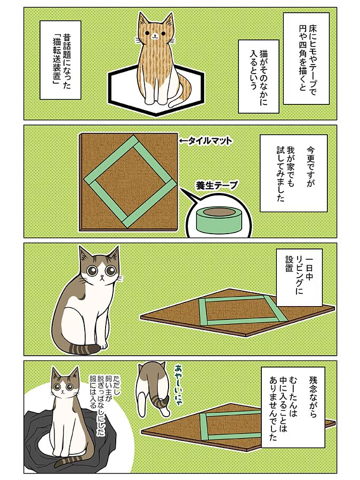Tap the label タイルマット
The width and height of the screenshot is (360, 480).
(x=210, y=141)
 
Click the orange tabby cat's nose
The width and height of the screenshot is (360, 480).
(x=155, y=35)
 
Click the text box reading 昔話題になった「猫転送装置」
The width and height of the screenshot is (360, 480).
(x=61, y=60)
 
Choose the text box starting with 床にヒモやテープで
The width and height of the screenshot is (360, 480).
(x=306, y=59)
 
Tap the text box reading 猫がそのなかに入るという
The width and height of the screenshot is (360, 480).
(x=259, y=76)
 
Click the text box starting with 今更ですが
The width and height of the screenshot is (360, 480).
(x=293, y=173)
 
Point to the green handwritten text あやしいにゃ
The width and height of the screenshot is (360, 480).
(x=179, y=385)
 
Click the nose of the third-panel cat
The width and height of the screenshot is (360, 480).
(x=102, y=278)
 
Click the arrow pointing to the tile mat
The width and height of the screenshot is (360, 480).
(x=183, y=141)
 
